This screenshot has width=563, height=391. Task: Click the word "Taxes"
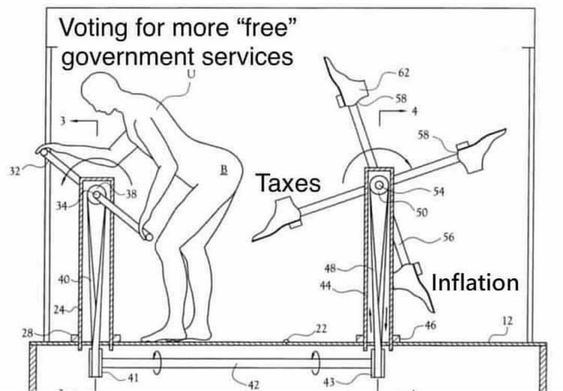[x=288, y=184]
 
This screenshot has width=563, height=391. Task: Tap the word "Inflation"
[x=475, y=283]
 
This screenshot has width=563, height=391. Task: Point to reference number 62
[x=403, y=72]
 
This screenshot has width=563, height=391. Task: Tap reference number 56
[x=448, y=237]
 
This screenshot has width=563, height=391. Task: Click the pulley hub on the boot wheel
[x=379, y=186]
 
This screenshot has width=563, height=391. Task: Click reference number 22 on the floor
[x=322, y=328]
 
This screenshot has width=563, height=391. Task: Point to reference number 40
[x=64, y=280]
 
